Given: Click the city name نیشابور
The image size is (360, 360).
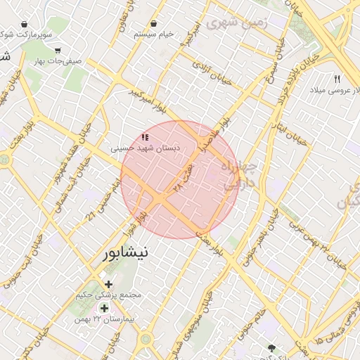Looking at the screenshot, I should click(x=125, y=253).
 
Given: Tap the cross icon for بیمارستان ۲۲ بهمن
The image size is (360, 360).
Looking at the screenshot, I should click(x=105, y=308).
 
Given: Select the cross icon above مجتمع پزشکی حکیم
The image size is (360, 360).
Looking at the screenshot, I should click(x=108, y=284).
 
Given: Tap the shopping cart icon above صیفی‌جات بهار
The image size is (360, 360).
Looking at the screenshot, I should click(x=58, y=50).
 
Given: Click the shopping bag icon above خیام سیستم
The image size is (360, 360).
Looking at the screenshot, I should click(x=153, y=23).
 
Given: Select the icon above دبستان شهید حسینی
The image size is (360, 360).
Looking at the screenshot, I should click(x=145, y=137).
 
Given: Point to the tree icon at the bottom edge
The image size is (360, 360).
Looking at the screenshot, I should click(x=272, y=348).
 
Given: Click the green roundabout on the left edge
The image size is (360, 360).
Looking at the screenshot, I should click(x=5, y=160).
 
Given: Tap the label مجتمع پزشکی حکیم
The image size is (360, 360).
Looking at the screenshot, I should click(x=108, y=295).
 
